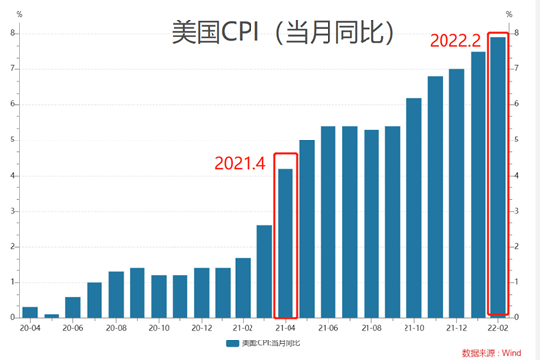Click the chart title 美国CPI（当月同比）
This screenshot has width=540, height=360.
(x=284, y=33)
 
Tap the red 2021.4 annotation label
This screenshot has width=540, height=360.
(x=241, y=163)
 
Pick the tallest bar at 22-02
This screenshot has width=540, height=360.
(x=497, y=177)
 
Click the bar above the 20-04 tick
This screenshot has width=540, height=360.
(x=30, y=312)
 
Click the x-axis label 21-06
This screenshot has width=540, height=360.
(x=328, y=329)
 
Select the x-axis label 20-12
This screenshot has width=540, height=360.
(x=201, y=329)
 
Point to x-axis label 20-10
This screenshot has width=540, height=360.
(x=158, y=329)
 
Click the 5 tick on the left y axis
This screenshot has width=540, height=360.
(x=12, y=140)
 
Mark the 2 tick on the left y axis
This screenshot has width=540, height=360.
(x=12, y=246)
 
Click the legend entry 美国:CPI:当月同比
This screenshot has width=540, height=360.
(x=265, y=344)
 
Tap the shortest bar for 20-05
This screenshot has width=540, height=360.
(x=52, y=315)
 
